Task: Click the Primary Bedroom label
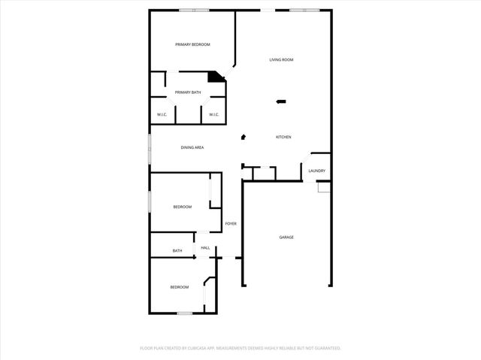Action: [192, 45]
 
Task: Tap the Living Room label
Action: [282, 59]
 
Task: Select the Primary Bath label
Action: [188, 92]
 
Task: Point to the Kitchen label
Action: [283, 137]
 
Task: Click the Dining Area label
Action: [192, 147]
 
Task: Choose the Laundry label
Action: [316, 171]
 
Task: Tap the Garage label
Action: [286, 237]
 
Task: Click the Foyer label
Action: [231, 224]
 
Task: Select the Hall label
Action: [205, 247]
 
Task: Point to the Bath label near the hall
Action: [177, 251]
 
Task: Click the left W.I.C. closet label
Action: [162, 114]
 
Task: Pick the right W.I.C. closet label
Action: [213, 114]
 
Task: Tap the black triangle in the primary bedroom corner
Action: [216, 76]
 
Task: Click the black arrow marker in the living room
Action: [281, 101]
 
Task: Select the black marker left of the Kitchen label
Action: [243, 137]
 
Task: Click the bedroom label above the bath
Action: [183, 207]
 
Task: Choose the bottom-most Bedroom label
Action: [179, 287]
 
